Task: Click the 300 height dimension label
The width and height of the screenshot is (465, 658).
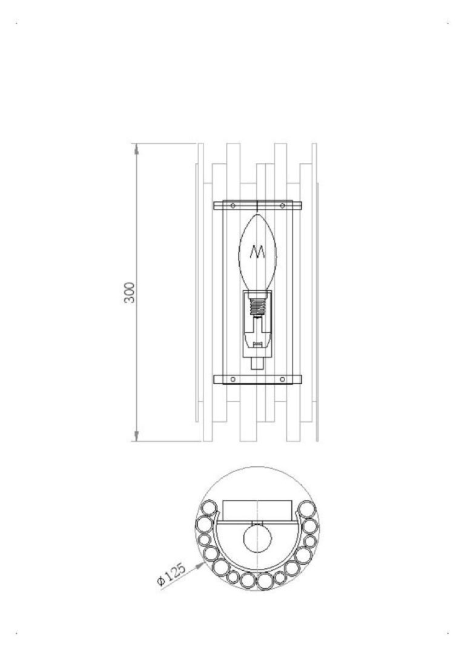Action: point(130,292)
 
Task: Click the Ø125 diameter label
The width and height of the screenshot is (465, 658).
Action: point(171,574)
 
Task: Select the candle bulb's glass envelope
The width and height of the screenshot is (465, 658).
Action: point(258,252)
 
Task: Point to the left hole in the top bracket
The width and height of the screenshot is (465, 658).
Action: point(233,206)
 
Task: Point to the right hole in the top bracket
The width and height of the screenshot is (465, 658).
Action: point(282,206)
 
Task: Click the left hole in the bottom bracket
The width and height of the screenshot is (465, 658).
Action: point(233,380)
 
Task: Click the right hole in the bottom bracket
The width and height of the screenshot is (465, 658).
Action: point(282,380)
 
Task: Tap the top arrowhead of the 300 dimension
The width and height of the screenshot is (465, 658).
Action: point(136,148)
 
